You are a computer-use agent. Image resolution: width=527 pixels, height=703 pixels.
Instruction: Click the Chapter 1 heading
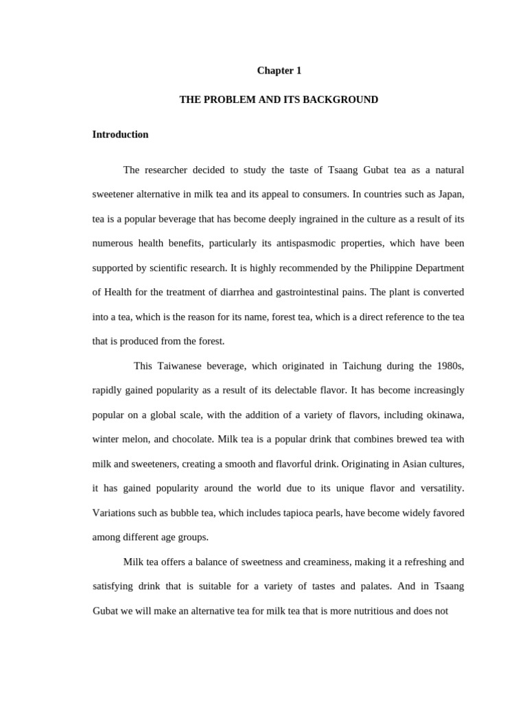click(279, 71)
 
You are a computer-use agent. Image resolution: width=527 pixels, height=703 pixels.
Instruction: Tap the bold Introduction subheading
click(120, 135)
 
